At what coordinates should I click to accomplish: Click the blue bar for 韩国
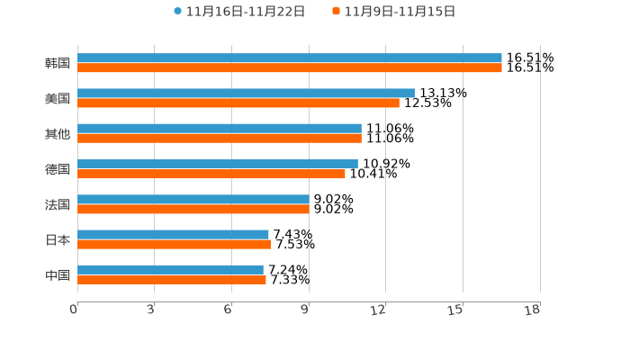coord(290,58)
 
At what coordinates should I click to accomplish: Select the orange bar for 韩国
coord(290,68)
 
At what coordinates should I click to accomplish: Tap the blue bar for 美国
coord(246,94)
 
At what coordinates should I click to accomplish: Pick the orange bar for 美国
coord(238,103)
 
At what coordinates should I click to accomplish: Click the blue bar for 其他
coord(220,129)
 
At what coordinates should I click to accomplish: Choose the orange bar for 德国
coord(211,174)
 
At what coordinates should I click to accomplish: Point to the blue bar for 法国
coord(193,199)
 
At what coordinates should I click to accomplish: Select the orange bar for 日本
coord(175,244)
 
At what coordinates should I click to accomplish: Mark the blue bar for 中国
coord(171,269)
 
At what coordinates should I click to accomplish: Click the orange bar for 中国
coord(172,279)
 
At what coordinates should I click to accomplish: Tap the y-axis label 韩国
coord(58,64)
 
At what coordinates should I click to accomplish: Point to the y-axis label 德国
coord(58,169)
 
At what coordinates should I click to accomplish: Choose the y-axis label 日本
coord(58,239)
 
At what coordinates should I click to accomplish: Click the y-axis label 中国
coord(58,274)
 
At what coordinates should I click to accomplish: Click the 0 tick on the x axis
coord(74,310)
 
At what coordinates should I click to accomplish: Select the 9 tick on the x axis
coord(305,310)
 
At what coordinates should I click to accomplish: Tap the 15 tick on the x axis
coord(455,310)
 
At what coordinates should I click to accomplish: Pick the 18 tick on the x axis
coord(532,310)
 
